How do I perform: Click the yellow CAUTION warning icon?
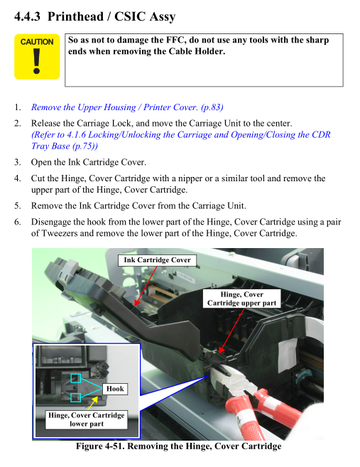click(37, 57)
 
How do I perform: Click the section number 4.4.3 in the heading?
click(27, 16)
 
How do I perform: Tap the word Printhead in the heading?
click(75, 16)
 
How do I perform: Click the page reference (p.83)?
click(212, 107)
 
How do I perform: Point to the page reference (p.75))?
click(85, 146)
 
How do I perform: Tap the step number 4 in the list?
click(17, 178)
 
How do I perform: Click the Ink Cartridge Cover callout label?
click(157, 260)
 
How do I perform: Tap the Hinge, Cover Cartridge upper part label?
click(242, 299)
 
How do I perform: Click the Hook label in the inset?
click(115, 389)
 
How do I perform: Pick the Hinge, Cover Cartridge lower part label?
click(87, 419)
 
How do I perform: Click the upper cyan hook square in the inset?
click(75, 379)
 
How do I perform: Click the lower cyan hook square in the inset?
click(75, 397)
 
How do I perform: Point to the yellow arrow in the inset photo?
click(93, 403)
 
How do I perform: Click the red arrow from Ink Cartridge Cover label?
click(146, 286)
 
